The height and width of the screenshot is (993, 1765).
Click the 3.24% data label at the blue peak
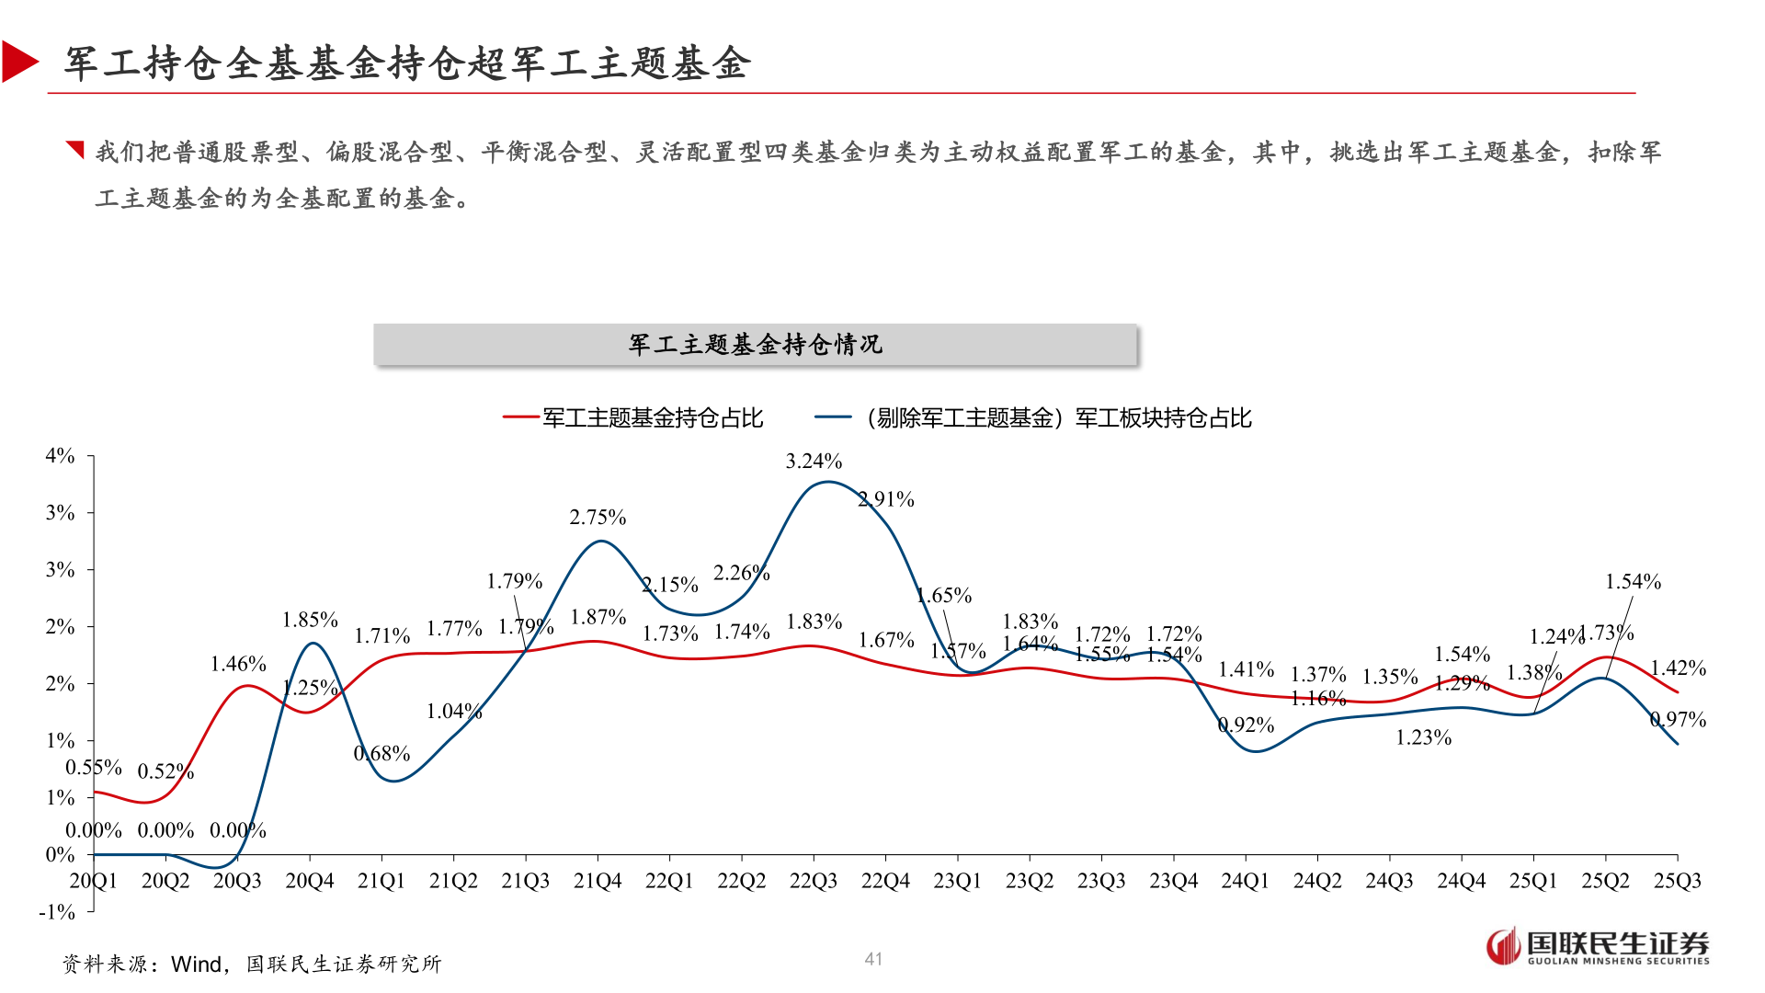[x=813, y=461]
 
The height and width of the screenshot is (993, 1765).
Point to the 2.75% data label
[x=597, y=517]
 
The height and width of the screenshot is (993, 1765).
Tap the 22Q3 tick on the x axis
[x=813, y=881]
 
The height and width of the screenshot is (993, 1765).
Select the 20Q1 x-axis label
[x=93, y=881]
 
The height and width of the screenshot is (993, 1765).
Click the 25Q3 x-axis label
[x=1677, y=881]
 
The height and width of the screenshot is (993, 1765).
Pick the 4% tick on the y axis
[x=60, y=455]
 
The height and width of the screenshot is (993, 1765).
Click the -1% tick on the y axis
[x=57, y=911]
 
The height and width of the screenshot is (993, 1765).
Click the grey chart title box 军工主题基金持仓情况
[x=755, y=345]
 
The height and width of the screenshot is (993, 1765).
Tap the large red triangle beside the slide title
[x=18, y=62]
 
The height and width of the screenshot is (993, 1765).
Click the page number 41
[x=873, y=959]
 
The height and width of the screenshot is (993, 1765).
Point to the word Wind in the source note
[x=197, y=964]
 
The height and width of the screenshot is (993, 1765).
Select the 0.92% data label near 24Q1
[x=1246, y=725]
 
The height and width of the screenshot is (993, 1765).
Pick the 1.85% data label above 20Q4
[x=310, y=620]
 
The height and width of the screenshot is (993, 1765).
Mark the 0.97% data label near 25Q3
[x=1678, y=719]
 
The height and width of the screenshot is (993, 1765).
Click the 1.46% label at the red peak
[x=238, y=664]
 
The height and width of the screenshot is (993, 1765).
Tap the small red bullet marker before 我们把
[x=75, y=149]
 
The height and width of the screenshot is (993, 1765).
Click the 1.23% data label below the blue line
[x=1423, y=737]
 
